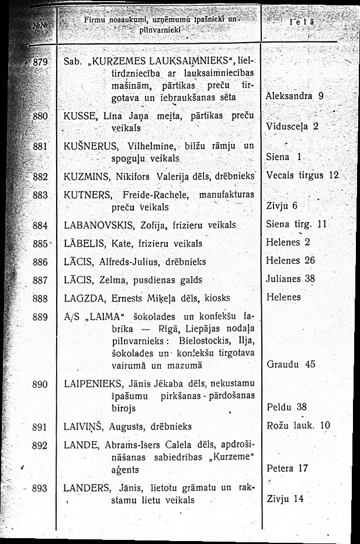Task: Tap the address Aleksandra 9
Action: (x=295, y=95)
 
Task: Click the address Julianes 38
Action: (x=291, y=279)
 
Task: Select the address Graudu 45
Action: (x=290, y=364)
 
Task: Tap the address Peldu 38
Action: (x=286, y=407)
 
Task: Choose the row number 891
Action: (x=40, y=427)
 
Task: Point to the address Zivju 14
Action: (x=285, y=498)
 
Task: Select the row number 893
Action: (x=40, y=488)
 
